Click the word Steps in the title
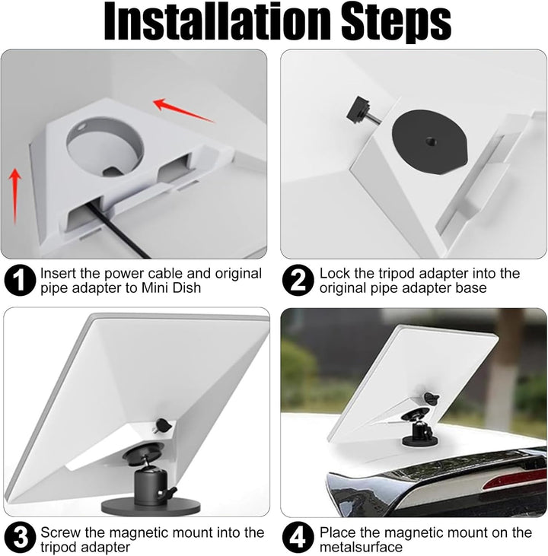click(396, 24)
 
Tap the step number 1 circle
click(20, 280)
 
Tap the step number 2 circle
click(298, 280)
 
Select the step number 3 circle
click(20, 537)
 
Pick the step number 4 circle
click(298, 537)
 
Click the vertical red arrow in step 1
click(15, 196)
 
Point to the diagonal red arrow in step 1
click(183, 110)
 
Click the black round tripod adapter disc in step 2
click(429, 141)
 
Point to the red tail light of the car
click(515, 479)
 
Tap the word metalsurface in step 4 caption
click(361, 547)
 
